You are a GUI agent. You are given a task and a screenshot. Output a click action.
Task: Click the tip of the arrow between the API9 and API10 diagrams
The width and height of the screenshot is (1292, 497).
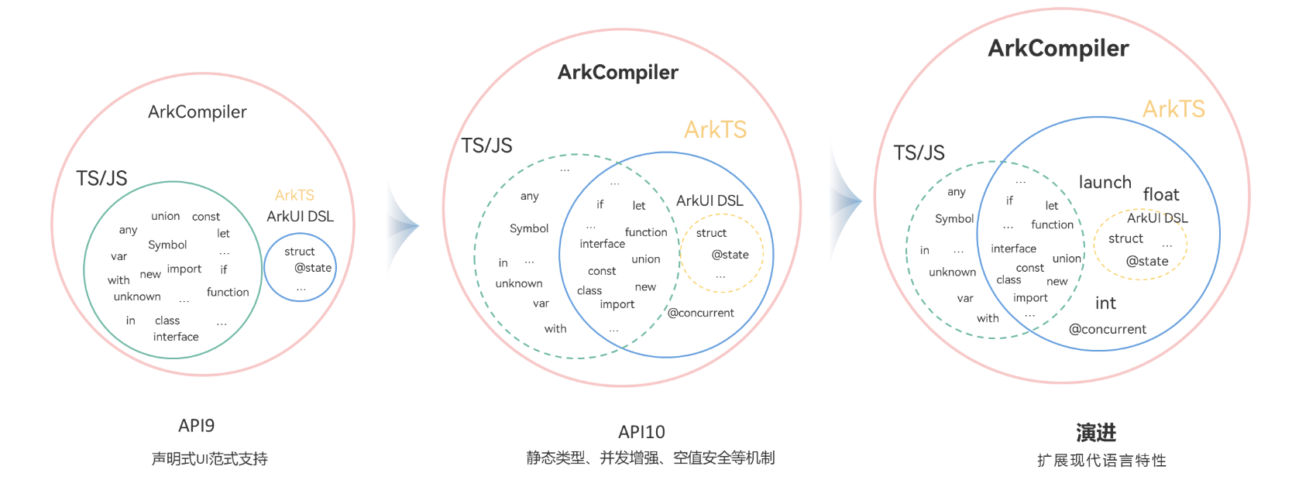[x=419, y=226]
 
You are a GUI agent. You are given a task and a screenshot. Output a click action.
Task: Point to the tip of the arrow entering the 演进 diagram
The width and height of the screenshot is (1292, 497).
[x=861, y=201]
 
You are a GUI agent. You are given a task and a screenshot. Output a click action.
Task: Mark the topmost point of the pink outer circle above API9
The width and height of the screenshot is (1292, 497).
[x=203, y=74]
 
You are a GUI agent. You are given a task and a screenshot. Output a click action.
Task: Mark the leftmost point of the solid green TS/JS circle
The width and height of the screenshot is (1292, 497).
[x=84, y=270]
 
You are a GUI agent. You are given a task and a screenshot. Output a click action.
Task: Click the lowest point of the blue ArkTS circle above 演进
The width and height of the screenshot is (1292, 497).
[x=1098, y=350]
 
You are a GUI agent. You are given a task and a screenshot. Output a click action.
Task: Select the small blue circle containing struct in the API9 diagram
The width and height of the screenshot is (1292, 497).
[x=265, y=267]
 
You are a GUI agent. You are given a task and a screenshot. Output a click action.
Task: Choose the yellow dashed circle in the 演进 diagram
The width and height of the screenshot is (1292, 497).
[x=1094, y=245]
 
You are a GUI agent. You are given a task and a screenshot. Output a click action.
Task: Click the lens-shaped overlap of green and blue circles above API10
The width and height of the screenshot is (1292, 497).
[x=618, y=254]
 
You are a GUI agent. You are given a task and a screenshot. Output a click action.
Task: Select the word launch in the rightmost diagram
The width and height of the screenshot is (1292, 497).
[x=1105, y=182]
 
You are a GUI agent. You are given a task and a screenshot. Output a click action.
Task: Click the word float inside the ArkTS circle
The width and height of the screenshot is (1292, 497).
[x=1161, y=194]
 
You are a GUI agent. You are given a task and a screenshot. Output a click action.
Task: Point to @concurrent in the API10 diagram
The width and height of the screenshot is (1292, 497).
[x=701, y=313]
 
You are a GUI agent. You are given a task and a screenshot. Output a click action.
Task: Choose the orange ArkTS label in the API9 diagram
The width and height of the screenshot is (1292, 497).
[x=295, y=195]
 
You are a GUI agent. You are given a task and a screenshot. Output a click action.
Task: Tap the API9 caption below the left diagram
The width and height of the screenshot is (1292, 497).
[x=196, y=426]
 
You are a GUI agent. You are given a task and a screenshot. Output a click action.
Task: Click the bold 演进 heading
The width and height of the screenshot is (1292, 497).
[x=1096, y=433]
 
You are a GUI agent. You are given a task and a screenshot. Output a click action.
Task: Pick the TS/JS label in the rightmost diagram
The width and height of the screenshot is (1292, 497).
[x=919, y=153]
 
